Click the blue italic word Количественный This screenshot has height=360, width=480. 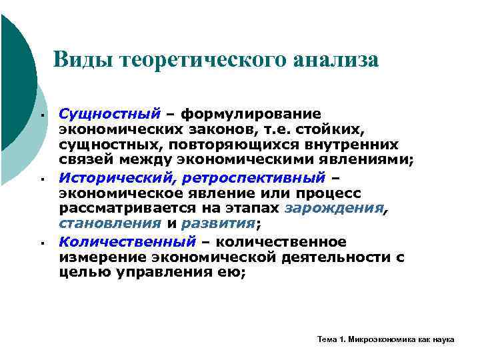(x=127, y=241)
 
